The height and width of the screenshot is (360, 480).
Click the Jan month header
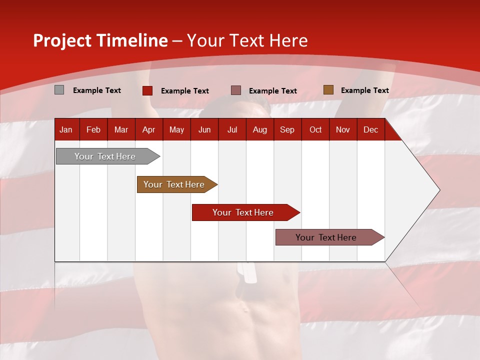pyautogui.click(x=66, y=129)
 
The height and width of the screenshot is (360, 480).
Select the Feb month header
pyautogui.click(x=93, y=129)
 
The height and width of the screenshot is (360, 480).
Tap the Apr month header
pyautogui.click(x=148, y=129)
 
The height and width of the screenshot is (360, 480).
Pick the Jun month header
pyautogui.click(x=204, y=129)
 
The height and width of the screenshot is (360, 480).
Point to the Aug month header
pyautogui.click(x=259, y=129)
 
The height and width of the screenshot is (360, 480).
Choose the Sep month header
pyautogui.click(x=287, y=129)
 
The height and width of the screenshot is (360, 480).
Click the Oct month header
pyautogui.click(x=315, y=129)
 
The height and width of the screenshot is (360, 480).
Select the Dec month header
pyautogui.click(x=370, y=129)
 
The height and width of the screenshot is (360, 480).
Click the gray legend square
pyautogui.click(x=59, y=90)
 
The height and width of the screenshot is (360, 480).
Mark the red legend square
pyautogui.click(x=147, y=90)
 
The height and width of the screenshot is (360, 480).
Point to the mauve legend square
pyautogui.click(x=236, y=90)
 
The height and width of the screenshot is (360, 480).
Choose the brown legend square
pyautogui.click(x=328, y=90)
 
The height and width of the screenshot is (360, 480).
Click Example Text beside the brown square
pyautogui.click(x=364, y=90)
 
